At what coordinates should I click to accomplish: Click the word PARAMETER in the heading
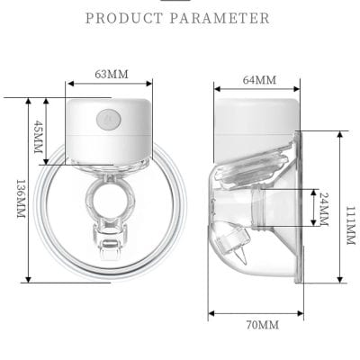tap(221, 18)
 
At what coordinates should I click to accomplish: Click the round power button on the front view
tap(110, 116)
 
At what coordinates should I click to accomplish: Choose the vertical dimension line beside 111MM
tap(339, 207)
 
